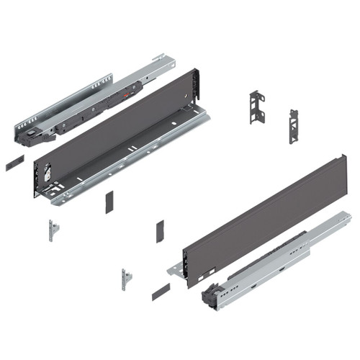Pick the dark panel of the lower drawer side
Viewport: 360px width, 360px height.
(259, 215)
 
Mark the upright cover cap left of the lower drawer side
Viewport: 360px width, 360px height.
(160, 231)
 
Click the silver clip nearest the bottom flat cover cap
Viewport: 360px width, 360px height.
(126, 279)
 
